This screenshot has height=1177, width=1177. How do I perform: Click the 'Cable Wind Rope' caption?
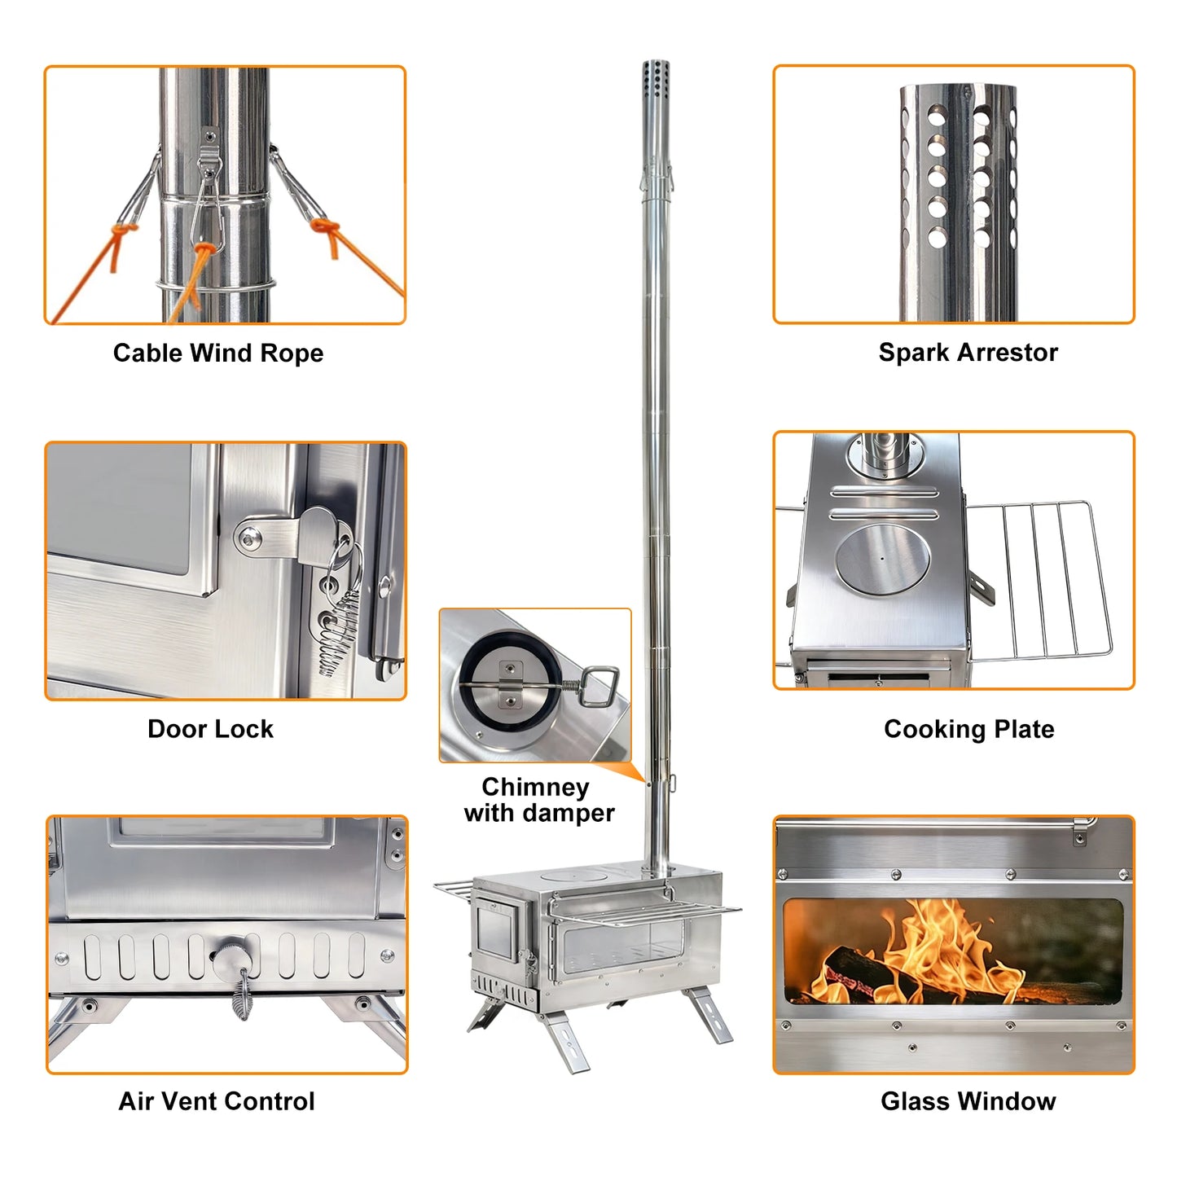point(217,353)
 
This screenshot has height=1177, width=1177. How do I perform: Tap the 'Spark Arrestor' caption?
point(968,352)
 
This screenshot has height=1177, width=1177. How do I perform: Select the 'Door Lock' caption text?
point(210,728)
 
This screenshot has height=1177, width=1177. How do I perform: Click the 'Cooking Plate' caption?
point(968,728)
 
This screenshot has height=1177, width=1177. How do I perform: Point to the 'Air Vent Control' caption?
point(217,1101)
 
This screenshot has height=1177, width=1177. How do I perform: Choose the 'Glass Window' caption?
point(968,1101)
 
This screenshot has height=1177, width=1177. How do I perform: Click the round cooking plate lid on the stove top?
point(882,559)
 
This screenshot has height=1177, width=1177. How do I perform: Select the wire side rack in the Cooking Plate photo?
point(1043,578)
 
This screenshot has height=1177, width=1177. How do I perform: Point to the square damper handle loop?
point(601,686)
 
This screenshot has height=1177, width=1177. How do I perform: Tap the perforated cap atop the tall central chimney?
point(656,77)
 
